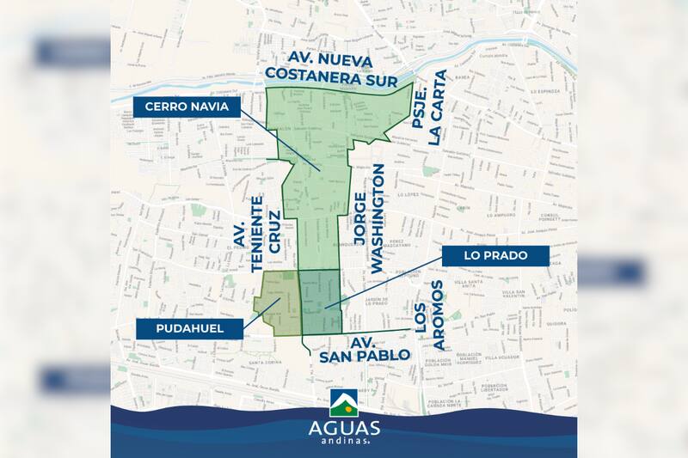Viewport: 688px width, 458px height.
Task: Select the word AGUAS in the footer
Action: coord(343,427)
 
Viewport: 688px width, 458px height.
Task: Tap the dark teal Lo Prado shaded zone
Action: coord(320,301)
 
